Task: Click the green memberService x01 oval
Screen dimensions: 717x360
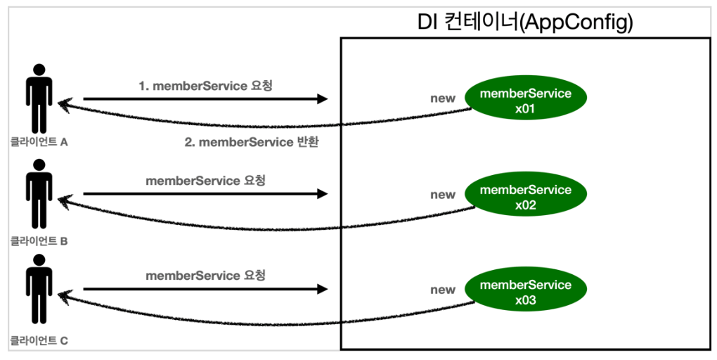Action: click(x=525, y=98)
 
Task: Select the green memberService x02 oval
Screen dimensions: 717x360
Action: click(x=525, y=193)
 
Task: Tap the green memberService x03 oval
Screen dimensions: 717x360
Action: click(x=525, y=289)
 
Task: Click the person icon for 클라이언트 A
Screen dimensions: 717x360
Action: click(x=39, y=98)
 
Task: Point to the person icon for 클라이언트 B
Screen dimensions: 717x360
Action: click(x=39, y=194)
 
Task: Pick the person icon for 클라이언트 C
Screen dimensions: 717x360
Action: click(x=39, y=289)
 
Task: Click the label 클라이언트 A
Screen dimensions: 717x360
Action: click(x=39, y=142)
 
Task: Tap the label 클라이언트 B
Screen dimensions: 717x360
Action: click(x=39, y=241)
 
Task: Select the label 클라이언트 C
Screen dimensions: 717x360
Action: click(x=39, y=341)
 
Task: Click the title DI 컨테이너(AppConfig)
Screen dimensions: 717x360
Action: click(x=525, y=23)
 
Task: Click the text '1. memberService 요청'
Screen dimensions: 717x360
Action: click(x=205, y=86)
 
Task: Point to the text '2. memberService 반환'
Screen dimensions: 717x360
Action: click(x=252, y=142)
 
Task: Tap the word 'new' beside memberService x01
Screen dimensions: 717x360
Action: click(x=443, y=98)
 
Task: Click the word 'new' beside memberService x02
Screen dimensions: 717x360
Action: click(x=443, y=195)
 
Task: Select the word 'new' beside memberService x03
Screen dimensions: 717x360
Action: click(x=443, y=290)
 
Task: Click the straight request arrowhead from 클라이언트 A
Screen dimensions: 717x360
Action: click(x=322, y=98)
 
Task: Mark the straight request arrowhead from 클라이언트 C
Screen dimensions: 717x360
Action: click(x=322, y=289)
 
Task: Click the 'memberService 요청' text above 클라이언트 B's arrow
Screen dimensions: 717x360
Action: click(x=205, y=181)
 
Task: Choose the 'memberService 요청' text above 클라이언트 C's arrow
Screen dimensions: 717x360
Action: click(x=205, y=276)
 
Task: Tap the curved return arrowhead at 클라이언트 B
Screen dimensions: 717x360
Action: click(x=63, y=201)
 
